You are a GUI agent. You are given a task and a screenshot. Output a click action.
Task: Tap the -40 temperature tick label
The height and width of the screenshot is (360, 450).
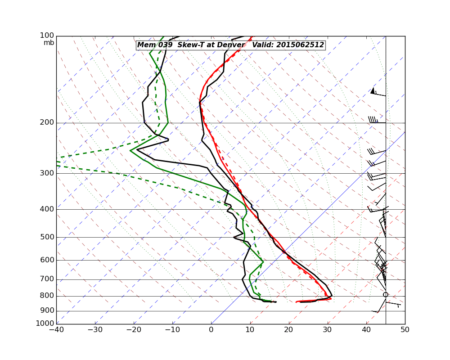(x=56, y=330)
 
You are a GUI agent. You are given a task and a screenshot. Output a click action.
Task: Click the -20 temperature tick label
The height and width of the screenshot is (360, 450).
(x=134, y=330)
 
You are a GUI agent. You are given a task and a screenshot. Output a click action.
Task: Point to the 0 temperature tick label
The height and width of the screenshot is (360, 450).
(x=211, y=330)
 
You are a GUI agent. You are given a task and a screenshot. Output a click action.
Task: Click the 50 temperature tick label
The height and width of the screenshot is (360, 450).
(x=405, y=330)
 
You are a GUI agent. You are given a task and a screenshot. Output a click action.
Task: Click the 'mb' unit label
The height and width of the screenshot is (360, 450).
(x=49, y=43)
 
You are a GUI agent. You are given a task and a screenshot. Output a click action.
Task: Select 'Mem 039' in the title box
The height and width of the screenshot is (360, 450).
(x=152, y=45)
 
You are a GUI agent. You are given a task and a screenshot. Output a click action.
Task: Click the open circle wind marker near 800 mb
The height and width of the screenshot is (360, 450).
(x=386, y=295)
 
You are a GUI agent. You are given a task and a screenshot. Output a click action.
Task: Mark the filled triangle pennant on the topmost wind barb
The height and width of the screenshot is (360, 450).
(x=373, y=90)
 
